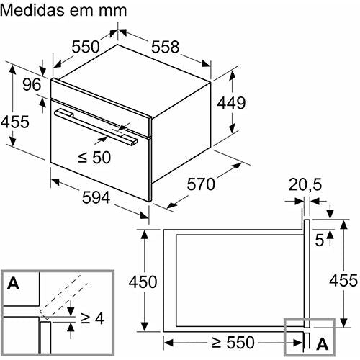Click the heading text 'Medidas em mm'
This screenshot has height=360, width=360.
click(x=63, y=10)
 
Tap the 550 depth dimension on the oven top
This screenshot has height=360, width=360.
click(x=86, y=47)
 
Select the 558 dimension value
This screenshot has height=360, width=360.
click(x=165, y=47)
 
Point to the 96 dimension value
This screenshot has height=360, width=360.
click(x=32, y=84)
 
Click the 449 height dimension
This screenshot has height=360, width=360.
click(x=231, y=103)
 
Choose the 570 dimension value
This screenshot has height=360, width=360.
click(x=201, y=184)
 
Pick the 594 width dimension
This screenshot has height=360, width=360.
click(x=96, y=197)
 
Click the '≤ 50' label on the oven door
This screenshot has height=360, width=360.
click(x=94, y=157)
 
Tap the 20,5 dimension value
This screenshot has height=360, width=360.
click(x=305, y=184)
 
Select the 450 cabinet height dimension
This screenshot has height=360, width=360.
click(x=143, y=282)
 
